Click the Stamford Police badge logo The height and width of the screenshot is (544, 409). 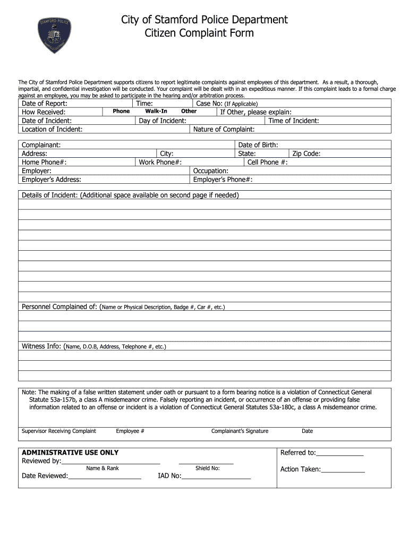55,36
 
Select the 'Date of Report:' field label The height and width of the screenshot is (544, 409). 45,104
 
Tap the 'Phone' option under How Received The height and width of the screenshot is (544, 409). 121,112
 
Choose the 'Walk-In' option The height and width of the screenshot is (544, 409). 156,112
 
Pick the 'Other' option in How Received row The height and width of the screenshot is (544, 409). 189,112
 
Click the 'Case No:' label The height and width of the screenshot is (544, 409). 209,104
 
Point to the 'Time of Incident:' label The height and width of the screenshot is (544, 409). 294,121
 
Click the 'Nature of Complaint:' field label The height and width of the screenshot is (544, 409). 224,129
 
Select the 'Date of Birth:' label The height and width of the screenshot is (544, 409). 258,145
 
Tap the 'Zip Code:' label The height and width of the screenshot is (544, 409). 306,154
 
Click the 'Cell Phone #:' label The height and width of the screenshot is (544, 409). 268,162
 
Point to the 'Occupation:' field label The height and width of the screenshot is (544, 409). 211,171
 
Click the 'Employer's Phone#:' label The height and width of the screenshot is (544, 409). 223,180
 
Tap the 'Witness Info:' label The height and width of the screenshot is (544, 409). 41,346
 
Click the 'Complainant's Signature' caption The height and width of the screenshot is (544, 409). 240,431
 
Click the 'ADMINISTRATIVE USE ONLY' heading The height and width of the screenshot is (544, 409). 70,453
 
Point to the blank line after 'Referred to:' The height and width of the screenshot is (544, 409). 340,454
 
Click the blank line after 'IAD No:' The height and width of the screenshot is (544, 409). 216,477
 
